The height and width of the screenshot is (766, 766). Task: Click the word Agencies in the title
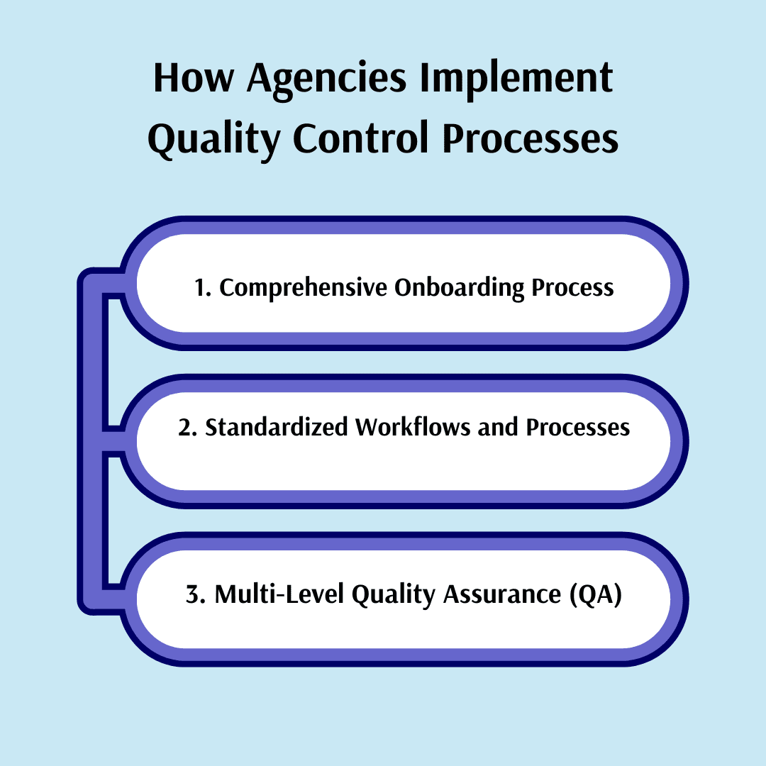pyautogui.click(x=326, y=79)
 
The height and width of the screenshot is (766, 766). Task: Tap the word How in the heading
pyautogui.click(x=194, y=78)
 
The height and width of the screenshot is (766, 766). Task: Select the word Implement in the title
pyautogui.click(x=516, y=79)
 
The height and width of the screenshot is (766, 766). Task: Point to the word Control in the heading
pyautogui.click(x=360, y=138)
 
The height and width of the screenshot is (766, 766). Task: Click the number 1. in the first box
pyautogui.click(x=203, y=288)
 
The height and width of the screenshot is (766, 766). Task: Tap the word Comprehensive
pyautogui.click(x=303, y=288)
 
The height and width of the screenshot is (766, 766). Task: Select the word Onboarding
pyautogui.click(x=459, y=288)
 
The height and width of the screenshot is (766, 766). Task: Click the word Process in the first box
pyautogui.click(x=572, y=288)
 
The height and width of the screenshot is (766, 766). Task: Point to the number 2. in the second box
pyautogui.click(x=187, y=428)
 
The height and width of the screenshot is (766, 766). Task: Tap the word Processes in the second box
pyautogui.click(x=578, y=428)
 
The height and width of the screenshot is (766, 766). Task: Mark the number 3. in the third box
pyautogui.click(x=196, y=594)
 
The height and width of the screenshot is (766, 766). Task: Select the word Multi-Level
pyautogui.click(x=279, y=594)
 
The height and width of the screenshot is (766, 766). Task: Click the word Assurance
pyautogui.click(x=502, y=594)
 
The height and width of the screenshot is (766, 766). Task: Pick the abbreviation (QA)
pyautogui.click(x=596, y=595)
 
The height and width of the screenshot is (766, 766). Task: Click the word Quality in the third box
pyautogui.click(x=393, y=596)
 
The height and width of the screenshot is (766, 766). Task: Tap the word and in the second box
pyautogui.click(x=498, y=428)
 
